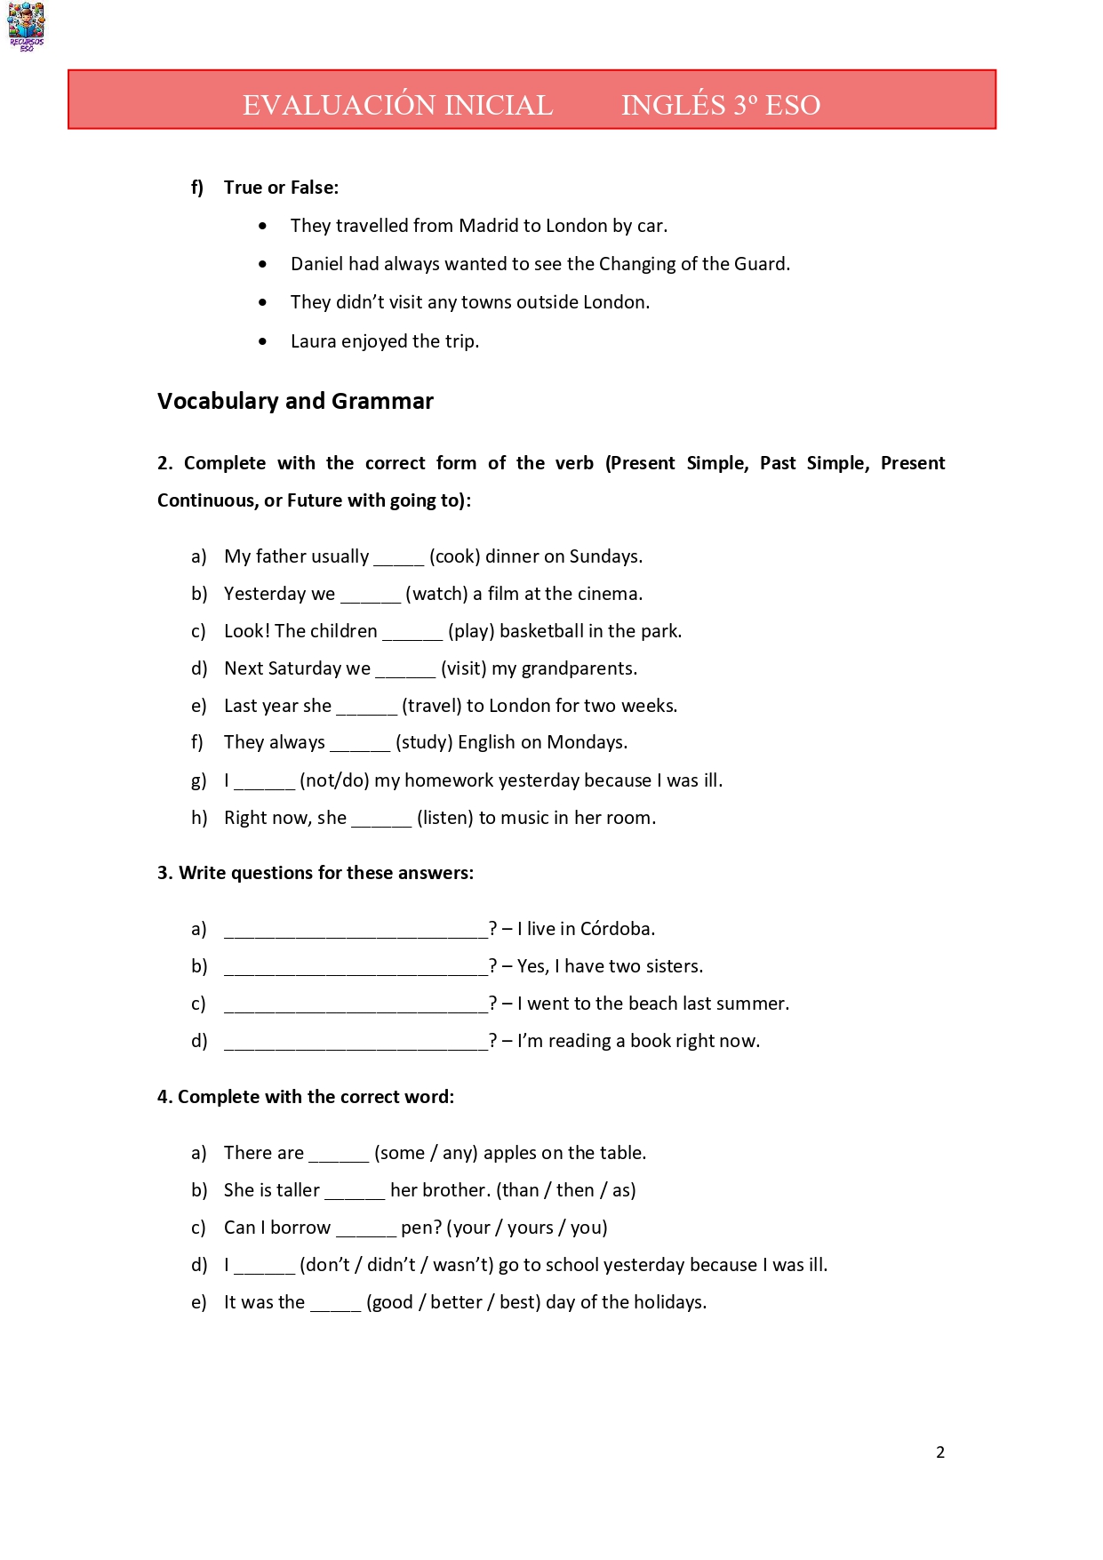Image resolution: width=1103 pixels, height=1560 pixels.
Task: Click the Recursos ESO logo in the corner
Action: pos(26,27)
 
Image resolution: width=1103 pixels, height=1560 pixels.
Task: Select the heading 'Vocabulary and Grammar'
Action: pos(295,401)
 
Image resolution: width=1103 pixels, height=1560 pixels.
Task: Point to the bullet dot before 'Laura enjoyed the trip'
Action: pos(262,341)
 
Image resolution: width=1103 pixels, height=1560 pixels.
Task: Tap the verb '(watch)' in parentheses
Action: pos(436,594)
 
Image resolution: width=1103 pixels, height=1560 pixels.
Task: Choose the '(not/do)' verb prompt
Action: pos(334,780)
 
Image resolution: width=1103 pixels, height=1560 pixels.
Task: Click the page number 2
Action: pos(940,1452)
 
